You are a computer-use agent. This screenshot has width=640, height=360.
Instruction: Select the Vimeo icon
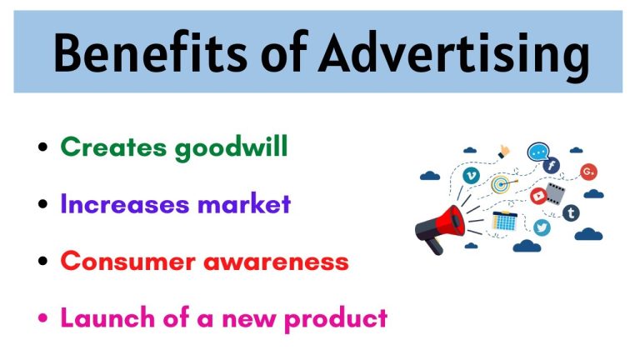(472, 176)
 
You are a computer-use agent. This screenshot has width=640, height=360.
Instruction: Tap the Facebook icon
(551, 166)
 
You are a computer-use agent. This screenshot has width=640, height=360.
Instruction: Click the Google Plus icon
(588, 172)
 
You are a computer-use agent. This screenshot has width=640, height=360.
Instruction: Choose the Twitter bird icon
(542, 227)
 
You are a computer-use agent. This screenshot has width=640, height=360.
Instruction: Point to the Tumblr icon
(572, 212)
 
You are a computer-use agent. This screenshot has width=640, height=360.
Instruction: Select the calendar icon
(505, 221)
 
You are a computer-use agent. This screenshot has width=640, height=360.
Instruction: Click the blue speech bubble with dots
(537, 152)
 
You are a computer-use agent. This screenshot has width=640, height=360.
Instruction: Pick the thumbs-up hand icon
(504, 152)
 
